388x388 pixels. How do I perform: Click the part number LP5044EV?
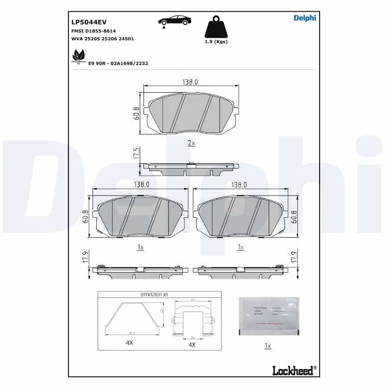click(x=89, y=22)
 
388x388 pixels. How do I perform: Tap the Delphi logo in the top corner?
click(x=305, y=18)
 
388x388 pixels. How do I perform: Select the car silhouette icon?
click(x=176, y=21)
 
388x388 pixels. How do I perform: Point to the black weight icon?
click(x=216, y=27)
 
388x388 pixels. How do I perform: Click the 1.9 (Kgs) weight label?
click(x=216, y=42)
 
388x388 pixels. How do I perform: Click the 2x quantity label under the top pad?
click(x=191, y=143)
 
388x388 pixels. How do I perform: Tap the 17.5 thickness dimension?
click(x=137, y=155)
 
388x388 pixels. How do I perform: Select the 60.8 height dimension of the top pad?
click(x=137, y=113)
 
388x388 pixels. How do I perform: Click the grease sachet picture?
click(x=269, y=316)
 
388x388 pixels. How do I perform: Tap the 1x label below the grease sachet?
click(x=267, y=346)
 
